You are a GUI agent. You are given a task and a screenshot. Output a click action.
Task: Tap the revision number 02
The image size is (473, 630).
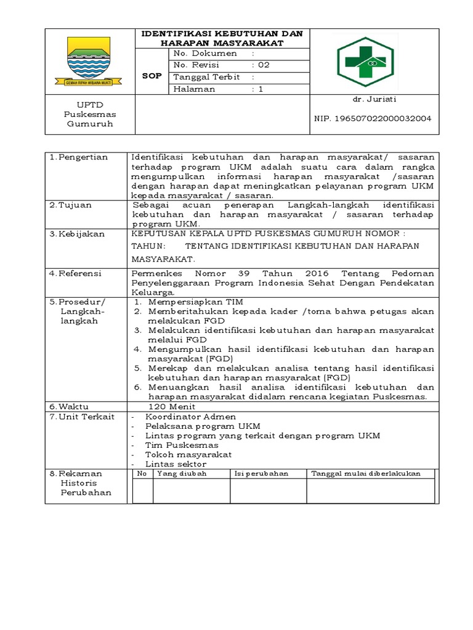click(264, 65)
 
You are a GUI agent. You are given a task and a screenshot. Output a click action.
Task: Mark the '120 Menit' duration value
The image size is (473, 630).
click(172, 407)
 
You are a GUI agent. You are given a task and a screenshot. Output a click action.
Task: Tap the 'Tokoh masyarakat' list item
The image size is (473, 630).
click(188, 454)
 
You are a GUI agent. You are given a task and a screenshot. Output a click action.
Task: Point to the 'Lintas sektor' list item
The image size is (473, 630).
click(176, 464)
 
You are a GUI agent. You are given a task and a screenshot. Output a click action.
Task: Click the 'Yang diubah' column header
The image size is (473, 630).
click(182, 474)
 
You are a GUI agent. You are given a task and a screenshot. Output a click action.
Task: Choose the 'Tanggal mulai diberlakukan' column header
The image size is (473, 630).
click(366, 474)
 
